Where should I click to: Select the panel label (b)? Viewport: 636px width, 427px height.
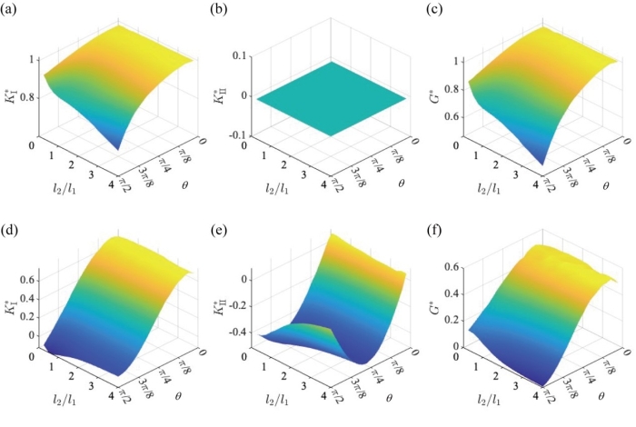click(x=221, y=11)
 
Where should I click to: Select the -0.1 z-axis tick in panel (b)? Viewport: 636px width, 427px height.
click(x=242, y=135)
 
